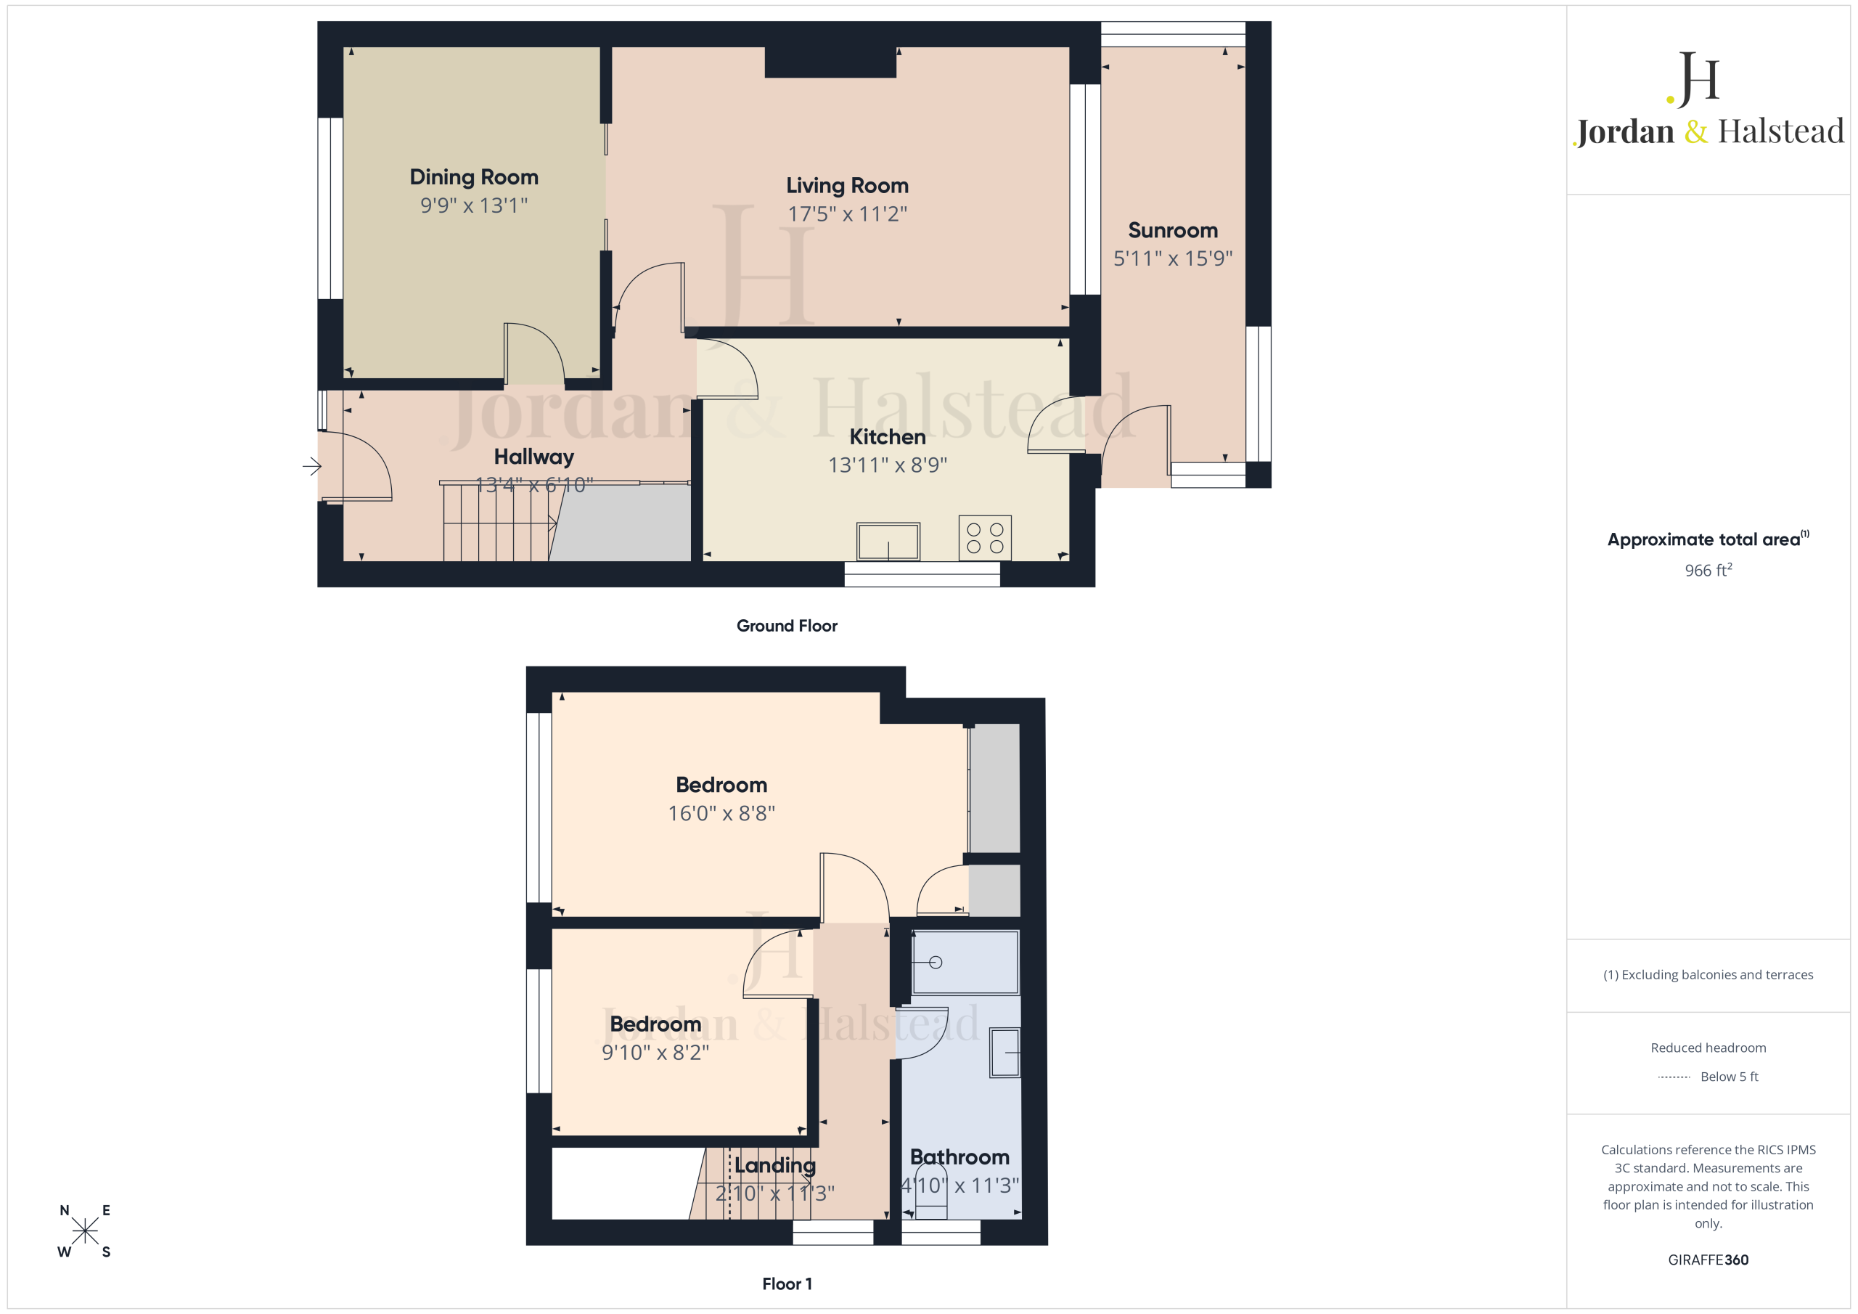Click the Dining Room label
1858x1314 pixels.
(473, 177)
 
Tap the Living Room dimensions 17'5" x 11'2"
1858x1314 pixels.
(847, 213)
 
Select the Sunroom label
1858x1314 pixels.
(1173, 231)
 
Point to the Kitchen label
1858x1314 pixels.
(887, 437)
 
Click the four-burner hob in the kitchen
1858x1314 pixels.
(985, 538)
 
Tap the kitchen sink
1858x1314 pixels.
(888, 542)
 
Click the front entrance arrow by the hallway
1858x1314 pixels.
(312, 466)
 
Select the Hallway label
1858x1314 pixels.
(534, 457)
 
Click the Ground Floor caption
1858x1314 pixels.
(787, 626)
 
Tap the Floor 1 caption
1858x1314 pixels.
(787, 1284)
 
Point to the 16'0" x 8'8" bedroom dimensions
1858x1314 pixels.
(721, 813)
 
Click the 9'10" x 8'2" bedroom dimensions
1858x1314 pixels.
(655, 1052)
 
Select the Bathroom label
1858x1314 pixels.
(959, 1157)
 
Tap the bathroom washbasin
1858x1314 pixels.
(1004, 1053)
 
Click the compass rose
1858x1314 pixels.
(84, 1231)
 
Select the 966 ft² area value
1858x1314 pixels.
(1708, 570)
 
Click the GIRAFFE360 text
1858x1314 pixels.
(1708, 1260)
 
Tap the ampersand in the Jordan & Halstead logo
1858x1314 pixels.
(1695, 131)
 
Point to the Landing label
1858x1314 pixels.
(774, 1166)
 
